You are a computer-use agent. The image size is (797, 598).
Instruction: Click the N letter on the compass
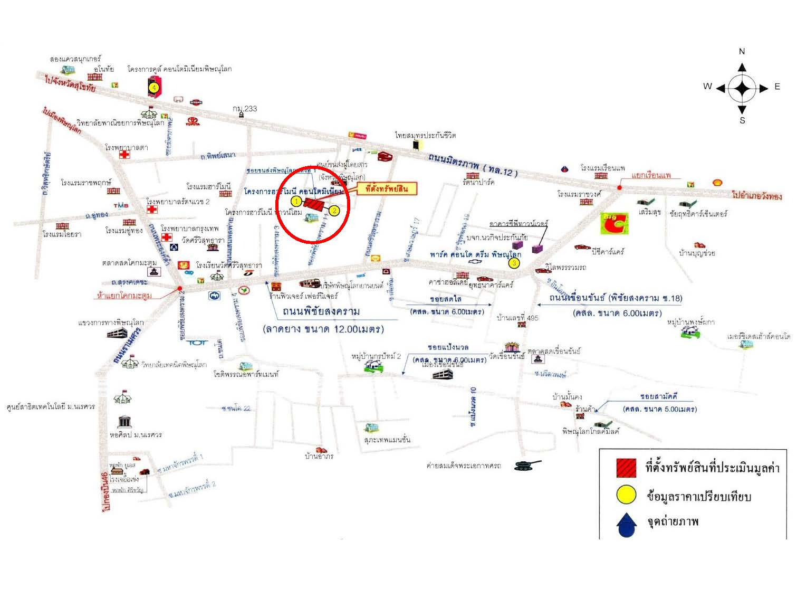pos(742,52)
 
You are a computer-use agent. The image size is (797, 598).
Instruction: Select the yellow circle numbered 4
pos(153,87)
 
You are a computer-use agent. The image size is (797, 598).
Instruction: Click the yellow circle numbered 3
pos(514,263)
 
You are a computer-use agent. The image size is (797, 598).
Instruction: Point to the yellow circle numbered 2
pos(334,210)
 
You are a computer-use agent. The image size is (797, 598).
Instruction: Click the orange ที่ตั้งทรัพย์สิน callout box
pos(387,188)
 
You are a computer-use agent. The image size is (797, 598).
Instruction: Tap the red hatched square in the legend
pos(626,468)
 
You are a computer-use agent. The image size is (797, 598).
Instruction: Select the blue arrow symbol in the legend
pos(626,524)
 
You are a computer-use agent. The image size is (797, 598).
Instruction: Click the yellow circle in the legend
pos(626,496)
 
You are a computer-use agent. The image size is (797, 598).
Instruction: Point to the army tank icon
pos(529,464)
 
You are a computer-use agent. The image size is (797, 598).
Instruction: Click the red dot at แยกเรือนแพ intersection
pos(619,187)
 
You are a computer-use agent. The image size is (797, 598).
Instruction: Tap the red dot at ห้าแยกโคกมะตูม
pos(180,288)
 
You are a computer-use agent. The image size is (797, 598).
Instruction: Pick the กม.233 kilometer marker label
pos(245,108)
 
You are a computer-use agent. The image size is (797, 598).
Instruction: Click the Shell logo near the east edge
pos(717,182)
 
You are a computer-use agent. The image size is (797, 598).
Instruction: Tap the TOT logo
pos(197,343)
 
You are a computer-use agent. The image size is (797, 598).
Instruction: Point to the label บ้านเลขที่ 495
pos(517,318)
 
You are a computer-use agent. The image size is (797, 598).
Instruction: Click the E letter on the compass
pos(777,87)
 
